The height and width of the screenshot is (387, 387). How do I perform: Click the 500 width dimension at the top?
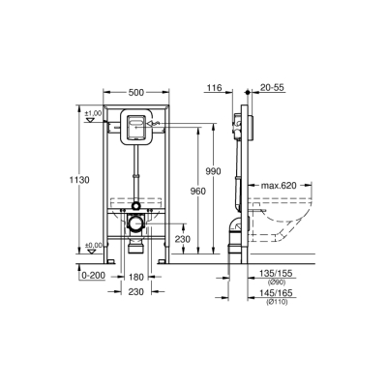(x=136, y=92)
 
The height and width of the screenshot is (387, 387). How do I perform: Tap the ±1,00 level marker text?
(x=93, y=115)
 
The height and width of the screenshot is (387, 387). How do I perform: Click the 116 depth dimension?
(x=214, y=88)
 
